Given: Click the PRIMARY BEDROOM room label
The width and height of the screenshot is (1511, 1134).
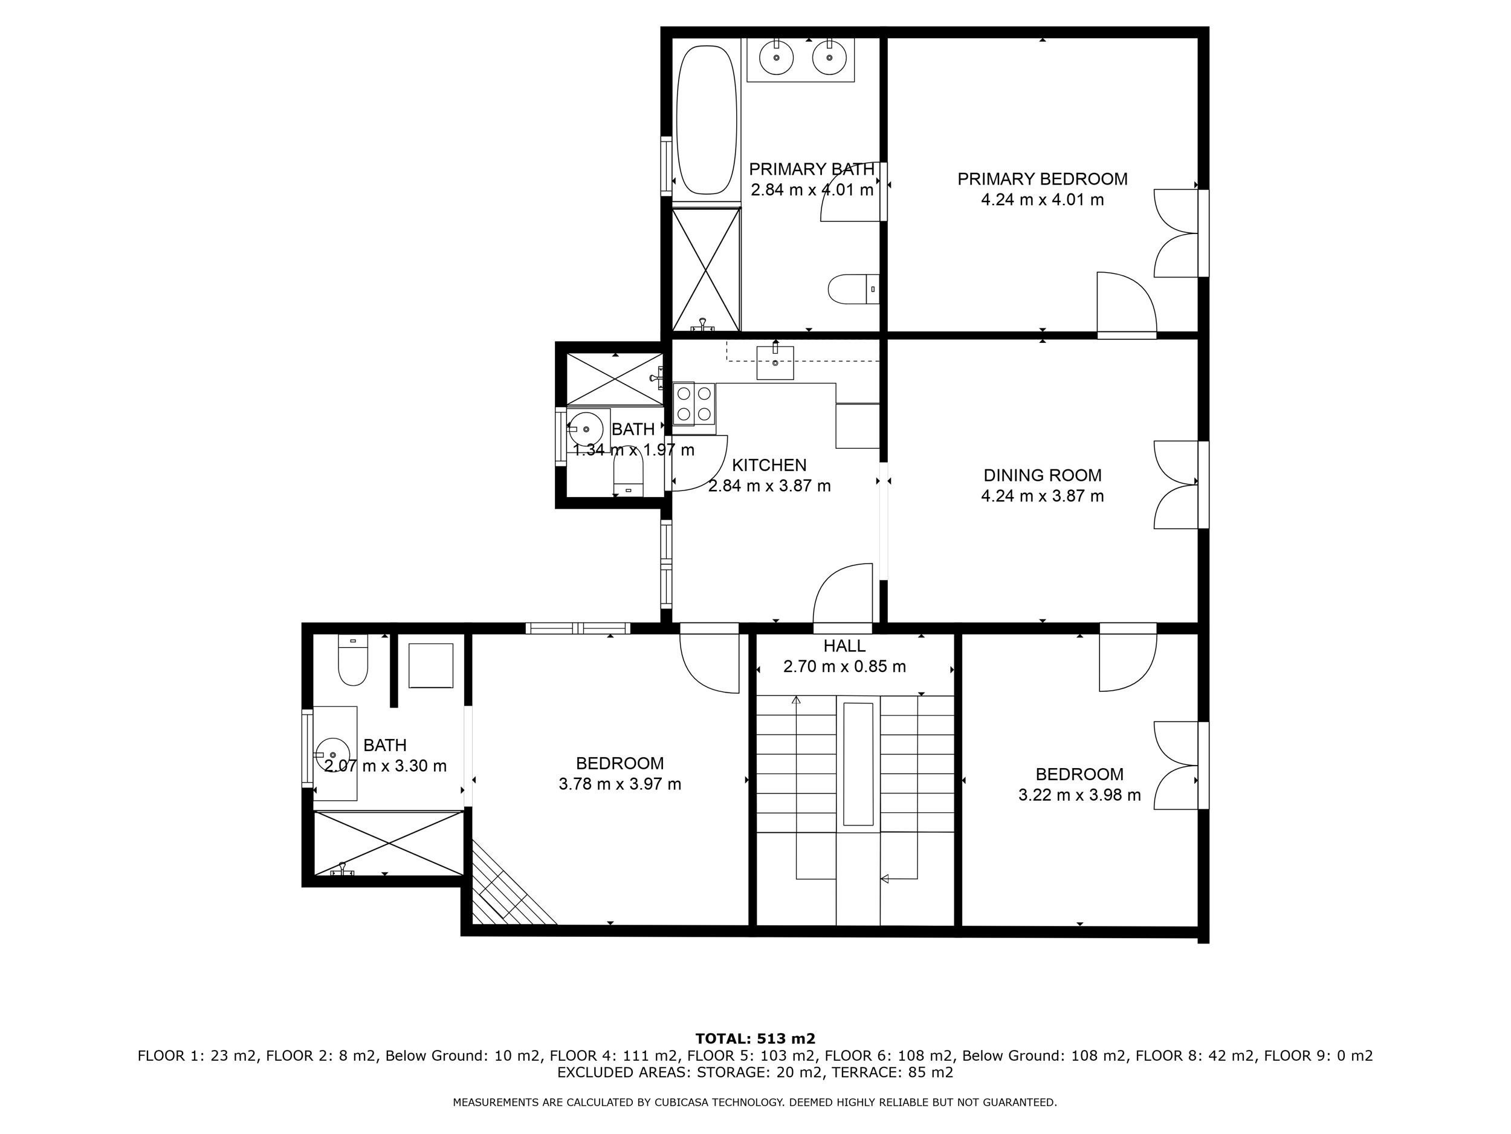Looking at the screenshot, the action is pos(1043,179).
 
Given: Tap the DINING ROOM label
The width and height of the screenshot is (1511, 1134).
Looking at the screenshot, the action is pos(1043,475).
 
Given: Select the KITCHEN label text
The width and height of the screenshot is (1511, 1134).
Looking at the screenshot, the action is pos(769,466).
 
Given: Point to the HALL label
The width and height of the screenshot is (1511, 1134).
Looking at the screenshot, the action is pos(844,646).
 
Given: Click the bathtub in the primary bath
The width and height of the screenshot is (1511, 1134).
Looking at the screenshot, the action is pos(707,120).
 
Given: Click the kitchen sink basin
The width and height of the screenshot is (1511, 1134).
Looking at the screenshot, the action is pos(775,362).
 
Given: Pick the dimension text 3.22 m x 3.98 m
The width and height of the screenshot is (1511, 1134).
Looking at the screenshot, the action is pos(1079,795).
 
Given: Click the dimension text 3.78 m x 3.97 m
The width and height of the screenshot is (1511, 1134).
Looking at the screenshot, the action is pos(620,784).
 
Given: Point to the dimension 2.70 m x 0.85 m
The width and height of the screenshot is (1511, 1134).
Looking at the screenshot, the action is pos(844,666).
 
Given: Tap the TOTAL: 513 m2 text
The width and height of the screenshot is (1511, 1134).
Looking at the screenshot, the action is pos(756,1040).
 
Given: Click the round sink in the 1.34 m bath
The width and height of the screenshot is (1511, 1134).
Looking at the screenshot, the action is pos(586,429).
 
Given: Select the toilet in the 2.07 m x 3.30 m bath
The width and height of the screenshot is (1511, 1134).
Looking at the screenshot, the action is pos(353,660).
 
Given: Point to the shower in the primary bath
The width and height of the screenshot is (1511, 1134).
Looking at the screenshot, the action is pos(707,270).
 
